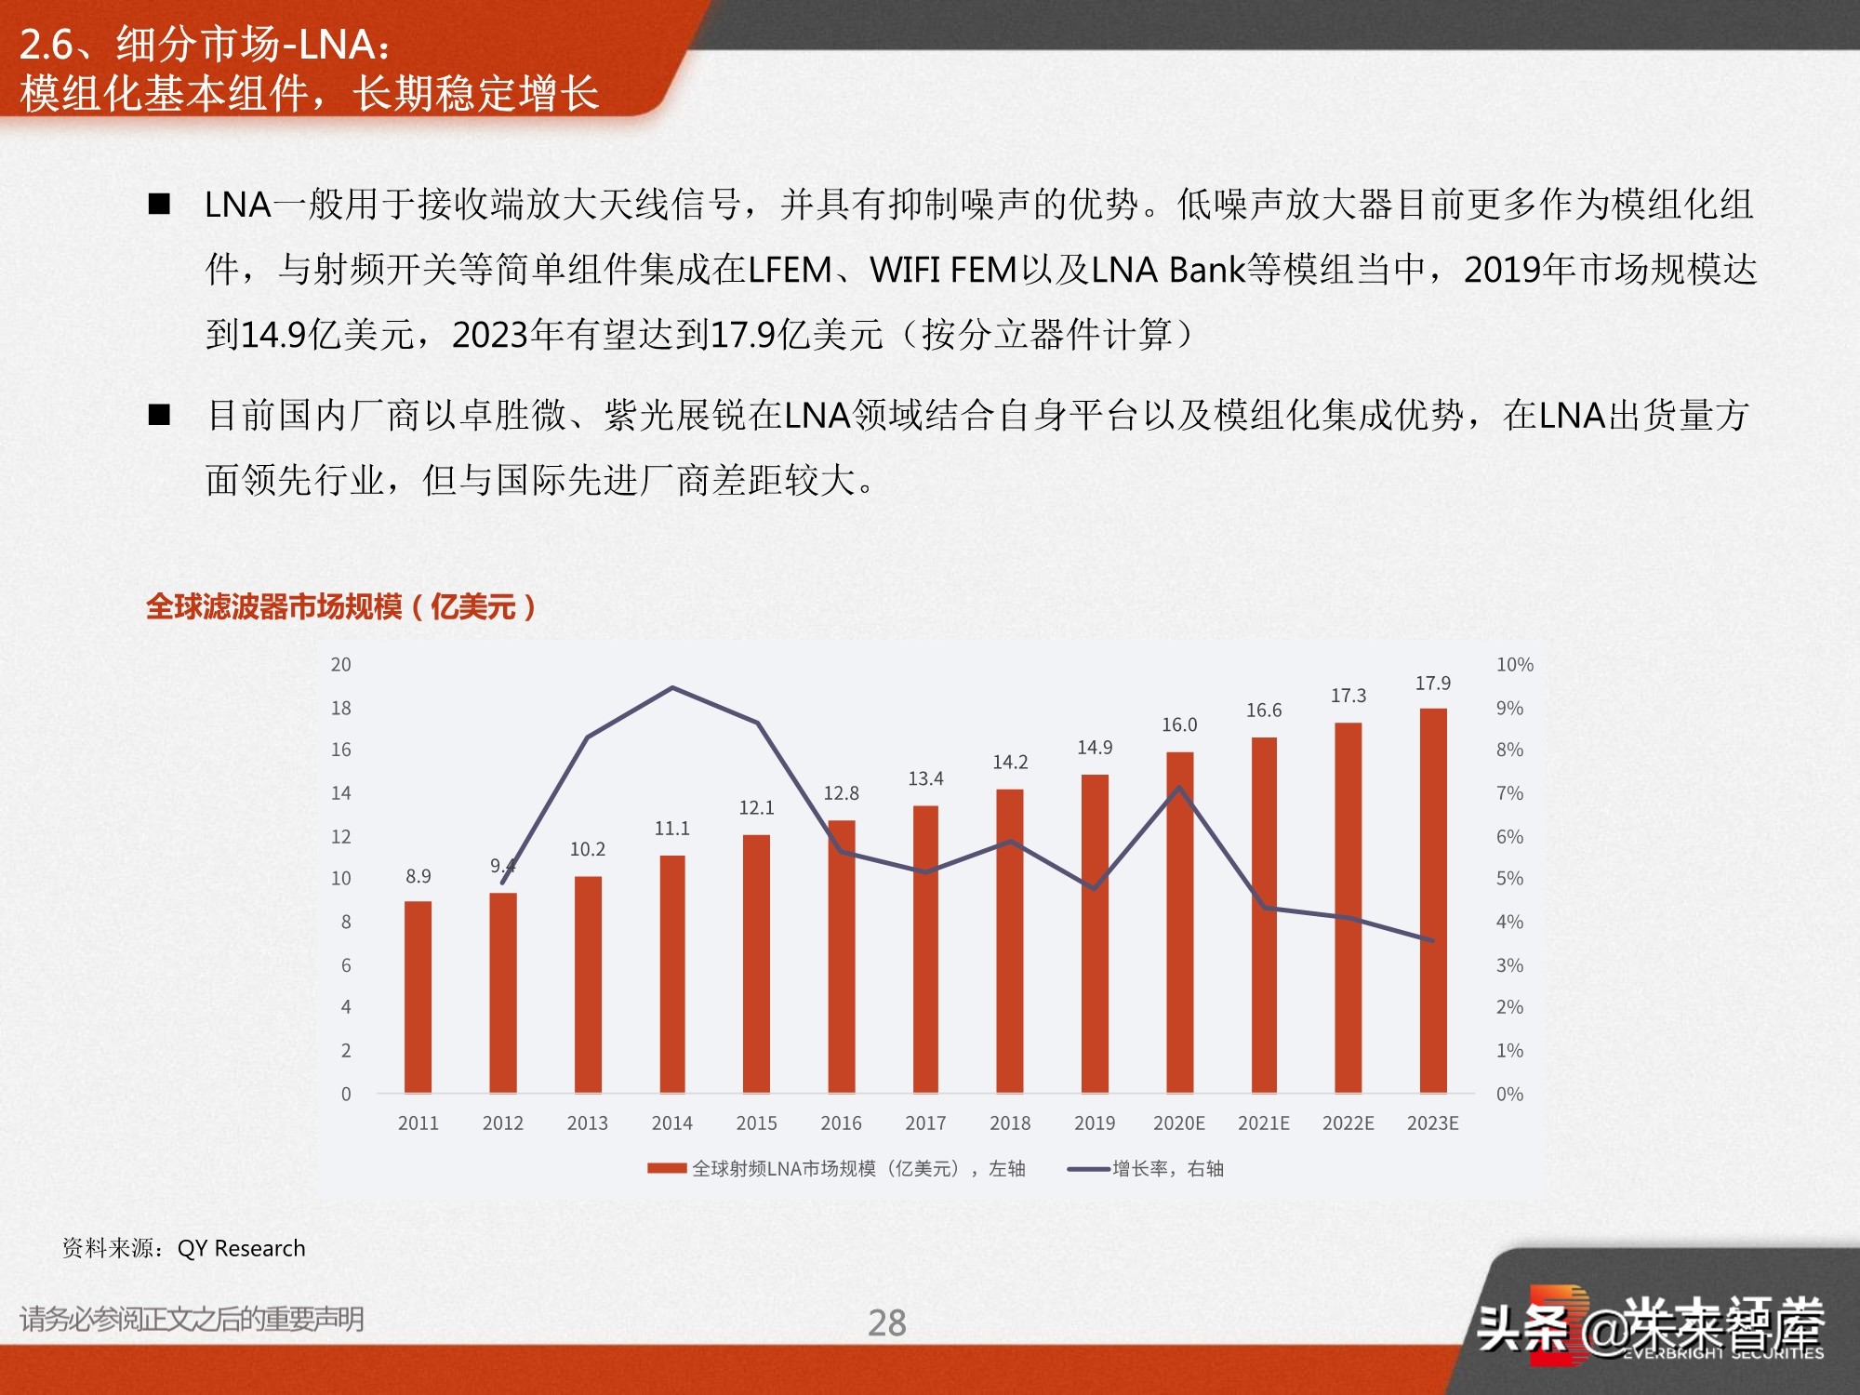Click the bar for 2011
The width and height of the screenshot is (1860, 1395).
[418, 996]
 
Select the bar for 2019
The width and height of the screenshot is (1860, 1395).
[1095, 933]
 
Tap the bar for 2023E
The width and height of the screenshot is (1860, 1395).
[1432, 900]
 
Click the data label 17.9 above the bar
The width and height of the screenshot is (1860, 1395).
[1432, 684]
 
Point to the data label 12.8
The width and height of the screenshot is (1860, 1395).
[841, 793]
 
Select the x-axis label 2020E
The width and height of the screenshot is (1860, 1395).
[1178, 1123]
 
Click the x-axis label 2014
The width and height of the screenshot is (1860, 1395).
[671, 1123]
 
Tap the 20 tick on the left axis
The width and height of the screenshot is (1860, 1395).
[341, 665]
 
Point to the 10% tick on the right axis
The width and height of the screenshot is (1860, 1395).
[1514, 665]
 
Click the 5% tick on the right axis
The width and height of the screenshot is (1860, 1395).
[1509, 879]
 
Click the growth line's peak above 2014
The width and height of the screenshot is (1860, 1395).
[672, 688]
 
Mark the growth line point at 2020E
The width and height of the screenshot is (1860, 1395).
[1179, 789]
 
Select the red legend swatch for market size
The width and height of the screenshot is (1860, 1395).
[667, 1169]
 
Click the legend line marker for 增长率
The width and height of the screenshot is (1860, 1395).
[1088, 1169]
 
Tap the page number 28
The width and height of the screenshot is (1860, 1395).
[886, 1322]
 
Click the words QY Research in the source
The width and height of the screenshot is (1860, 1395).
[241, 1248]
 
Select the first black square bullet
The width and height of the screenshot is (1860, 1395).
[160, 205]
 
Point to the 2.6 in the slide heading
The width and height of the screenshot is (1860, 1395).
[46, 44]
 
